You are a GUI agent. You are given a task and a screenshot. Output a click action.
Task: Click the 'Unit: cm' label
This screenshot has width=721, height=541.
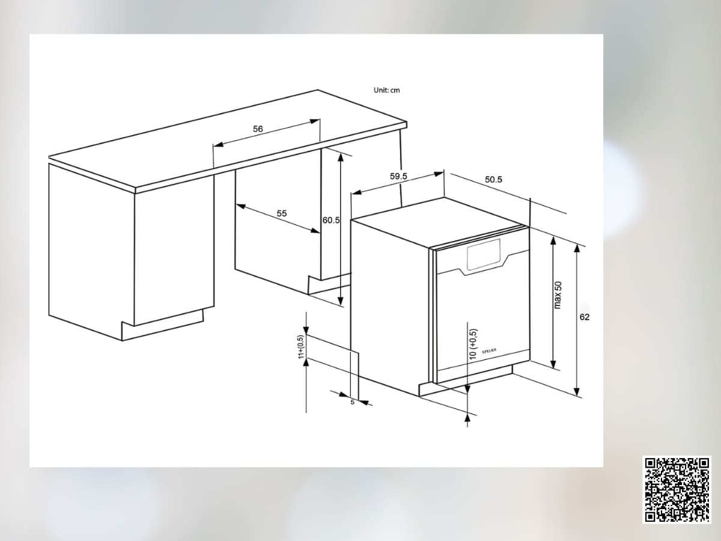pos(386,90)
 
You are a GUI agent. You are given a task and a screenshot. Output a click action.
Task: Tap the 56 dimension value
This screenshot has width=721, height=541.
pos(258,129)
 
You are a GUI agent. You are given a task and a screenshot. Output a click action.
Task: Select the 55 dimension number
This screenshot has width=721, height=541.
pos(282,213)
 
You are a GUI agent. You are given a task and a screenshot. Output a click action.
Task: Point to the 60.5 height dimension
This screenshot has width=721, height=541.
pos(331,220)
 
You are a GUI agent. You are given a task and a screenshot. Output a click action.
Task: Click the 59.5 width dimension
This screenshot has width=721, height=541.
pos(398,176)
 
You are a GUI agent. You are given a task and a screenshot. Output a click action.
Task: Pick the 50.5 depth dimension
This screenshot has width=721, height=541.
pos(493,179)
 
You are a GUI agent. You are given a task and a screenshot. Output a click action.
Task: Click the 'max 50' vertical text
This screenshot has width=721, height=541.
pos(558,295)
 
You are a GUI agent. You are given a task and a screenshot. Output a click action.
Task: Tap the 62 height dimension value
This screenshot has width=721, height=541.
pos(585,317)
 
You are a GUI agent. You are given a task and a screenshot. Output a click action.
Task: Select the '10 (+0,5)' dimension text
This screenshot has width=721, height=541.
pos(473,344)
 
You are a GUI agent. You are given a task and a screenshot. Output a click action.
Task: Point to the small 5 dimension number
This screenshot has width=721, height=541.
pos(353,402)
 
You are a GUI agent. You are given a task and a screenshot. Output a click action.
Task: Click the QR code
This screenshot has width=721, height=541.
pos(677,490)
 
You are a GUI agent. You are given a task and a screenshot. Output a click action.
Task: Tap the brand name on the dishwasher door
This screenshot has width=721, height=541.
pos(489,351)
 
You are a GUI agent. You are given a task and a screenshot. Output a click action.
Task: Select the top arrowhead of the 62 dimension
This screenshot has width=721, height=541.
pos(577,249)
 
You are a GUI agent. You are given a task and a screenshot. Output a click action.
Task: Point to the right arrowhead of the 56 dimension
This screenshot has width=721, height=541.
pos(315,121)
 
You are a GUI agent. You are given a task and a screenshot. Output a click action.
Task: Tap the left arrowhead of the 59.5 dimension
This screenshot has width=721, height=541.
pos(356,192)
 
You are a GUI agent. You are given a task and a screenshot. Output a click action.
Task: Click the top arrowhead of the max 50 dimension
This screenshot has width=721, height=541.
pos(553,241)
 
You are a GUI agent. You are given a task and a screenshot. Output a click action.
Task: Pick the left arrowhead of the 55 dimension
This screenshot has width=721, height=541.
pos(241,206)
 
